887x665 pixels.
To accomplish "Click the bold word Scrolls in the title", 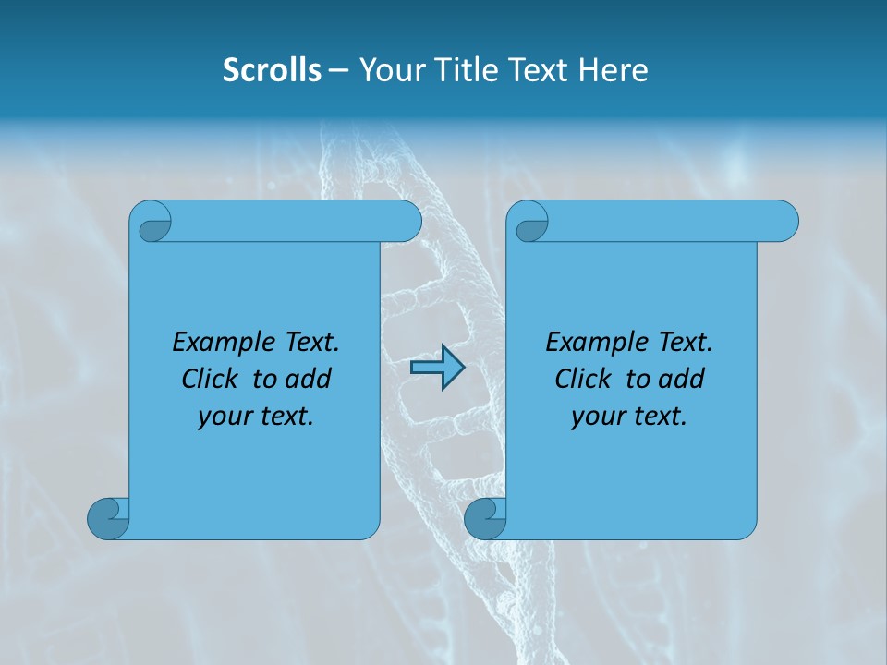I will coord(272,70).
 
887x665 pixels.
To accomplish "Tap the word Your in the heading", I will coord(389,70).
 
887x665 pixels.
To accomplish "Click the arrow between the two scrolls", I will coord(437,368).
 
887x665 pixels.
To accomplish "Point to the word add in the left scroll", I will coord(308,379).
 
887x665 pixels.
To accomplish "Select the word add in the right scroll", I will coord(681,379).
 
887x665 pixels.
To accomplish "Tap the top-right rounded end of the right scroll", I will coord(785,221).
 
